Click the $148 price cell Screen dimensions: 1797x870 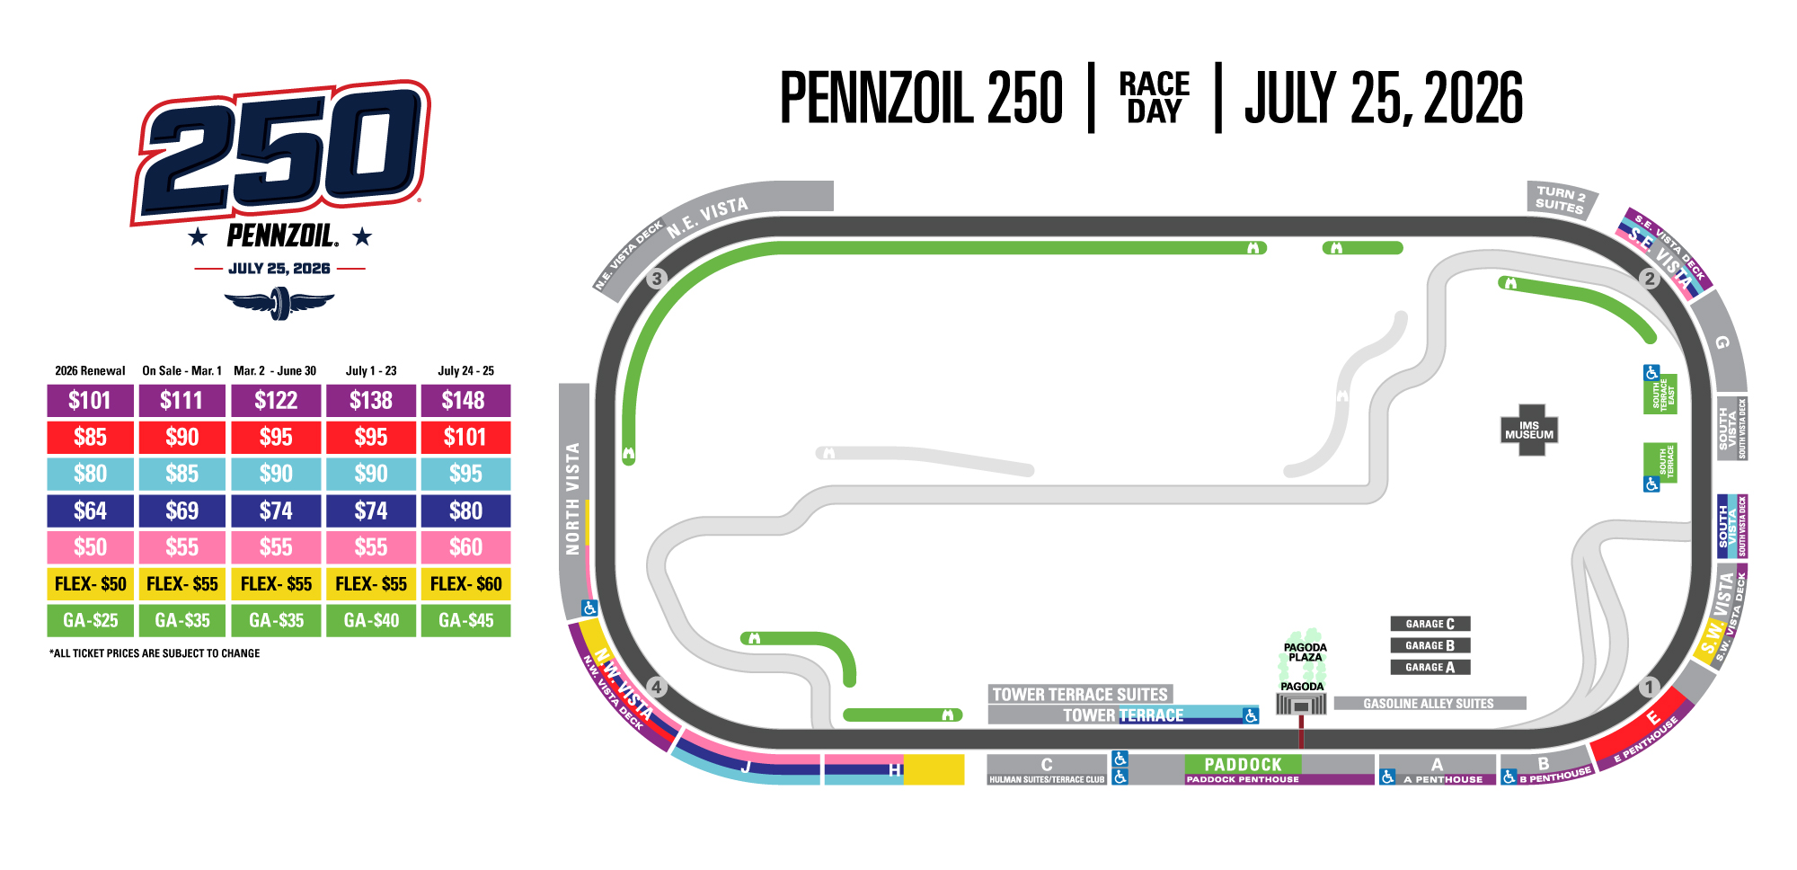[x=465, y=401]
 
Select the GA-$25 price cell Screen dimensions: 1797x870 [x=91, y=620]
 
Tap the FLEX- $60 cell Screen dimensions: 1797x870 [x=465, y=584]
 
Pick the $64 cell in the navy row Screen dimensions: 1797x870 [x=91, y=510]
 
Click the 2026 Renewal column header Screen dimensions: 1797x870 [x=90, y=370]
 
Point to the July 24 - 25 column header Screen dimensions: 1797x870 [x=465, y=370]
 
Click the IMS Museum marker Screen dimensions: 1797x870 [x=1528, y=431]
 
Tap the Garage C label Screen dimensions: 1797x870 [x=1430, y=624]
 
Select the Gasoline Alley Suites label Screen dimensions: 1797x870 [x=1429, y=704]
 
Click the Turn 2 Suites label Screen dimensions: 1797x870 [x=1560, y=200]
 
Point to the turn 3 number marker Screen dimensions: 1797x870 [x=657, y=279]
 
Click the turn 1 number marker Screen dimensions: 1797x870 [x=1648, y=688]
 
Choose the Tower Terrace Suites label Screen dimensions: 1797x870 [x=1080, y=694]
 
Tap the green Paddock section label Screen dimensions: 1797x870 [x=1243, y=764]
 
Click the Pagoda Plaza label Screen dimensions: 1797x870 [x=1305, y=652]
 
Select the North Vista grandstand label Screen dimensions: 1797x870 [x=572, y=499]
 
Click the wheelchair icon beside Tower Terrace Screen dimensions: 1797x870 [x=1250, y=716]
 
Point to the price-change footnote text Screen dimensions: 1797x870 [x=155, y=653]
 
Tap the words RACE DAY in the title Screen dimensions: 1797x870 [x=1154, y=98]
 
